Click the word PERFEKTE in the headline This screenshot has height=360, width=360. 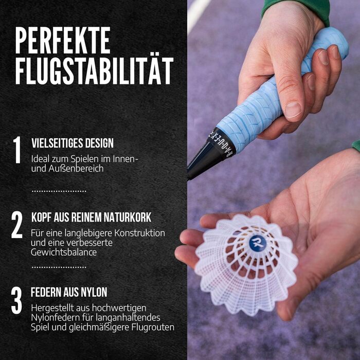pyautogui.click(x=63, y=41)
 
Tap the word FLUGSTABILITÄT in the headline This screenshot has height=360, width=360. pyautogui.click(x=94, y=71)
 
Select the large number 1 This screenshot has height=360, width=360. pyautogui.click(x=17, y=150)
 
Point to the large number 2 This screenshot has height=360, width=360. pyautogui.click(x=17, y=225)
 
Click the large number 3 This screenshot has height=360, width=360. pyautogui.click(x=16, y=300)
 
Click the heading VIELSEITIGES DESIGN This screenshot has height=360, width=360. pyautogui.click(x=73, y=143)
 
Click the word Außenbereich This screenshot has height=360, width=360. pyautogui.click(x=76, y=169)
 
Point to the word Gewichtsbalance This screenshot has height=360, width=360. pyautogui.click(x=64, y=253)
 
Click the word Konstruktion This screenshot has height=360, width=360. pyautogui.click(x=139, y=233)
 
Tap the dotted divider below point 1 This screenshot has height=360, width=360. pyautogui.click(x=59, y=191)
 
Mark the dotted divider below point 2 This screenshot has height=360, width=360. pyautogui.click(x=59, y=267)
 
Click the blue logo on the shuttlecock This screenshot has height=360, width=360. pyautogui.click(x=258, y=243)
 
